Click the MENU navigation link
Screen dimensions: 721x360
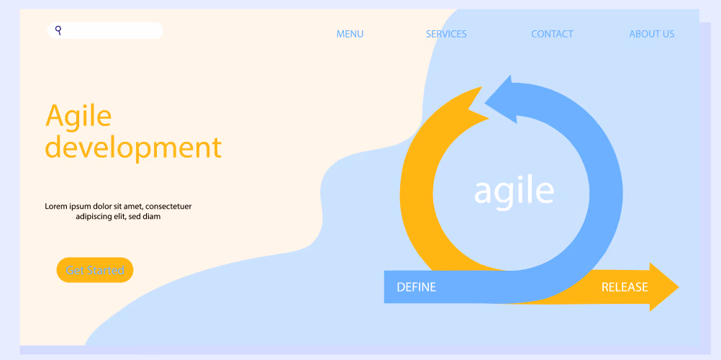coord(350,34)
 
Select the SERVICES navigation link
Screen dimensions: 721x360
coord(446,34)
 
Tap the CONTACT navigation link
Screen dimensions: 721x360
coord(552,34)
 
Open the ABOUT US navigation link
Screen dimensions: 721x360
coord(652,34)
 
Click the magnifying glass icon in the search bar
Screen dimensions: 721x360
coord(58,30)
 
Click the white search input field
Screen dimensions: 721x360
coord(105,30)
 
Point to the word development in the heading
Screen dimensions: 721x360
coord(133,148)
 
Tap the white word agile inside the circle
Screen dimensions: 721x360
coord(514,192)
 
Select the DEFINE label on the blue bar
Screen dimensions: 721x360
coord(416,287)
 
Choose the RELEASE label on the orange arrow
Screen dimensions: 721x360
coord(625,287)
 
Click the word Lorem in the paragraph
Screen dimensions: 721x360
coord(55,206)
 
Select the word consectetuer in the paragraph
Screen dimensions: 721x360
coord(168,206)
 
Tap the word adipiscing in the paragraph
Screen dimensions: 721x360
coord(94,217)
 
